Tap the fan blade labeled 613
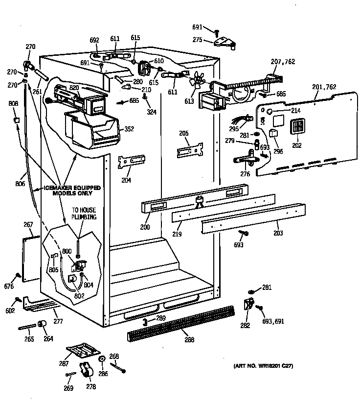pos(198,81)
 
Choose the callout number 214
pos(295,111)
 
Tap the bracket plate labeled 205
pos(190,150)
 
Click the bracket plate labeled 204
pos(132,161)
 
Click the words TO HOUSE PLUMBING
pos(84,213)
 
